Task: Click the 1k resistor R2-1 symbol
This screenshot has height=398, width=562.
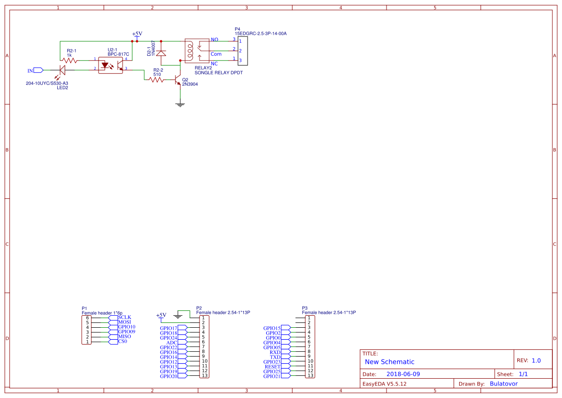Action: click(x=70, y=60)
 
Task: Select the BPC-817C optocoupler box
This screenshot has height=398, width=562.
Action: click(x=111, y=64)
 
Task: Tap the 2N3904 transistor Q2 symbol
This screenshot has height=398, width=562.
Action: click(x=178, y=80)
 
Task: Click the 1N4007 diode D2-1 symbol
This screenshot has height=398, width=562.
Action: click(x=161, y=52)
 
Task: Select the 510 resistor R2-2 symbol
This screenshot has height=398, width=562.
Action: click(x=157, y=80)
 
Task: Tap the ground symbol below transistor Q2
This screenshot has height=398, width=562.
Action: click(x=180, y=104)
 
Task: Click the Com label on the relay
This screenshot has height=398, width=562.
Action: click(x=216, y=54)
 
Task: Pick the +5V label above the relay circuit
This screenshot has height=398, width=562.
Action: click(x=137, y=34)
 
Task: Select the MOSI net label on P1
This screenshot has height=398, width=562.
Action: click(x=125, y=322)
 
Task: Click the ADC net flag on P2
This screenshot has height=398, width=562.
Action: click(x=172, y=343)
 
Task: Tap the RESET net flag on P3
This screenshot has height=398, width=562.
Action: click(x=273, y=367)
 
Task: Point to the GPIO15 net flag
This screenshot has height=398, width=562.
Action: click(x=272, y=328)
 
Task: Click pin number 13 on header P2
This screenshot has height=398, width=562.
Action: click(x=205, y=375)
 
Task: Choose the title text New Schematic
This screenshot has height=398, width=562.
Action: click(x=389, y=362)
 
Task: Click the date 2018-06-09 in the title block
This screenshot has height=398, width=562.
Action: click(x=403, y=374)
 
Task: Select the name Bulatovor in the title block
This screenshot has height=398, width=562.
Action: click(x=503, y=384)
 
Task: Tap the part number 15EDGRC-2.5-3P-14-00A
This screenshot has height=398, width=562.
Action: click(x=261, y=34)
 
